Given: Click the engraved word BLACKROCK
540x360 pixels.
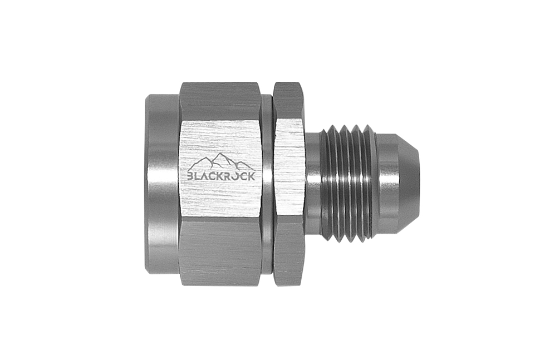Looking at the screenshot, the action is tap(221, 176).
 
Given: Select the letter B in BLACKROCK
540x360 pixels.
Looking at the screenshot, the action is tap(190, 176).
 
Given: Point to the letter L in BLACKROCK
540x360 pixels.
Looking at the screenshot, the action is tap(197, 176).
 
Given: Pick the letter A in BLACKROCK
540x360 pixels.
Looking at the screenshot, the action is tap(205, 176).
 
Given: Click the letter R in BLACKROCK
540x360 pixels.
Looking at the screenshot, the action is tap(229, 176).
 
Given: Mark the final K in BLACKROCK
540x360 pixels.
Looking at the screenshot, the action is tap(252, 176).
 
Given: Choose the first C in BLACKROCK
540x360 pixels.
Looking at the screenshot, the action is tap(213, 176).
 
